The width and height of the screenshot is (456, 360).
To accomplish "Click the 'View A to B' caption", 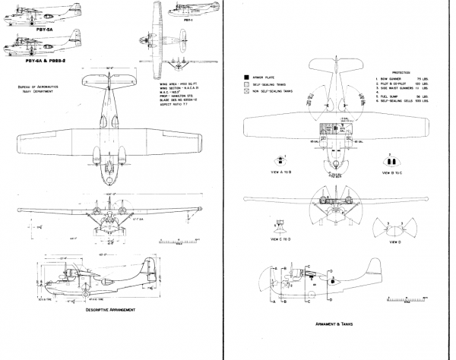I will pos(281,172).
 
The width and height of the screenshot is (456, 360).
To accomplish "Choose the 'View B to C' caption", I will pos(392,172).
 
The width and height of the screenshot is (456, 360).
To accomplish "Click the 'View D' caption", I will pos(392,244).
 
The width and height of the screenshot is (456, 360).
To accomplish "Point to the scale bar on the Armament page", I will pos(418,298).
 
